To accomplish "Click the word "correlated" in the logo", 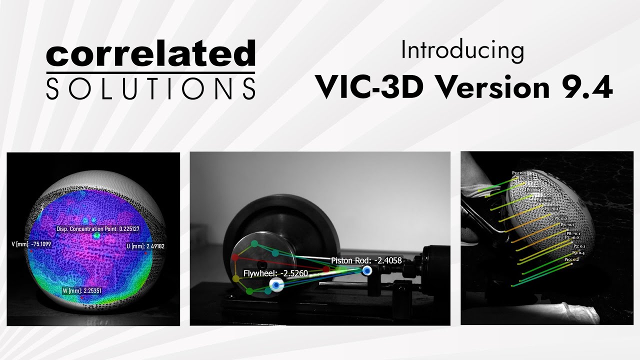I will (x=150, y=55).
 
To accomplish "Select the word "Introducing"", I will (x=462, y=51).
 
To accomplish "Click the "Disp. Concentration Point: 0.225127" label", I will (x=97, y=229).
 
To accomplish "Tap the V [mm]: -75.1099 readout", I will (x=31, y=244).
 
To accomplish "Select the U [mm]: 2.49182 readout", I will (x=145, y=246).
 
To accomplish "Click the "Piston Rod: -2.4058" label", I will (x=366, y=260).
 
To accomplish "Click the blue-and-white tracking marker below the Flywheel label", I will (x=275, y=284).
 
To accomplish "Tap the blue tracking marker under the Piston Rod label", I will (x=367, y=270).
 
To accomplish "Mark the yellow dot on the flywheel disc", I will (x=236, y=278).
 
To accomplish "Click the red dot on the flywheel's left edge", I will (x=234, y=257).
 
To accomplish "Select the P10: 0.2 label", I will (x=571, y=259).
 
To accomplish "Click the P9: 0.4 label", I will (x=578, y=253).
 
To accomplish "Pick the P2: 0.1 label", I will (x=579, y=246).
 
